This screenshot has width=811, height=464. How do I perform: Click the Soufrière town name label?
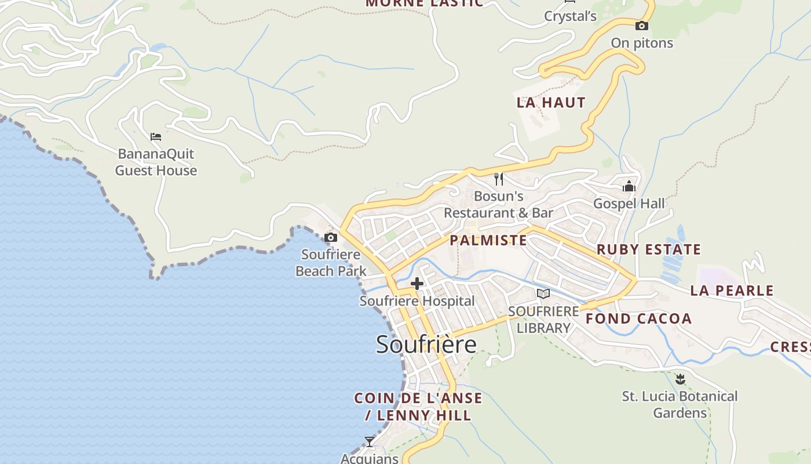tap(426, 345)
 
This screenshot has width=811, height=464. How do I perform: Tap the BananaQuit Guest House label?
tap(156, 162)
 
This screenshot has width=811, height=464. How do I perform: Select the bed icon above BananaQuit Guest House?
tap(156, 137)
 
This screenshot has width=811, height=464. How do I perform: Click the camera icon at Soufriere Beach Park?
tap(331, 237)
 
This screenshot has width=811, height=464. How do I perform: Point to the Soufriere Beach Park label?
tap(331, 263)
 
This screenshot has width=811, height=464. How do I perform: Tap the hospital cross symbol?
tap(417, 284)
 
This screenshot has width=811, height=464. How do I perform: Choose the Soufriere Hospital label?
tap(417, 301)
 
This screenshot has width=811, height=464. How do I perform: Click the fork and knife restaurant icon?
tap(499, 179)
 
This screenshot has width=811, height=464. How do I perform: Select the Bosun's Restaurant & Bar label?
tap(499, 205)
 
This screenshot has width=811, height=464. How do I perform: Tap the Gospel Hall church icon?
tap(629, 186)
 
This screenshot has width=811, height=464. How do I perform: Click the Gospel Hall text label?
tap(629, 204)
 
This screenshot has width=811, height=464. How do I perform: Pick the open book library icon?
tap(543, 293)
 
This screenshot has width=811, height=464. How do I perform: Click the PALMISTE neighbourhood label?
tap(488, 240)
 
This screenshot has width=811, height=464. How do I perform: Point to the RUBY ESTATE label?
tap(649, 249)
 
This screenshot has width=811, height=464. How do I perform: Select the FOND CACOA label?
tap(639, 318)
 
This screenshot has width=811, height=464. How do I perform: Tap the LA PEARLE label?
tap(732, 291)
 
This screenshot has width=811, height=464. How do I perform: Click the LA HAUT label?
tap(551, 103)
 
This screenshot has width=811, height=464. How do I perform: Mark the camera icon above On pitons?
tap(641, 26)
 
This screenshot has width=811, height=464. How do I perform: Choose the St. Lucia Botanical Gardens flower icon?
tap(680, 379)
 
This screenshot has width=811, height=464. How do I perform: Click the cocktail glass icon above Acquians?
tap(370, 441)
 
